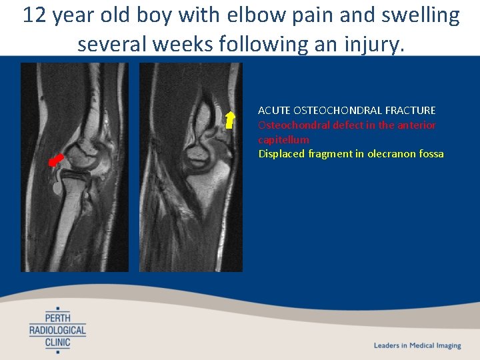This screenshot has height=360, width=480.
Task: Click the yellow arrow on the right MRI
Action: click(x=230, y=119)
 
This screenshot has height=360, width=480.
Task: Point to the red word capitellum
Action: click(x=283, y=139)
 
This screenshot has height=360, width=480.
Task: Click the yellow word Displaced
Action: click(x=281, y=154)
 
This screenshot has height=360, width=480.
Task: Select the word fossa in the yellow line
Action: click(x=430, y=154)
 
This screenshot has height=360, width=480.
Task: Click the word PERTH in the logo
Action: click(x=58, y=317)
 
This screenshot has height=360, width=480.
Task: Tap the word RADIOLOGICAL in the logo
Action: click(x=58, y=330)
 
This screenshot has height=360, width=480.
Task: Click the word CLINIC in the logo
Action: click(x=58, y=343)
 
